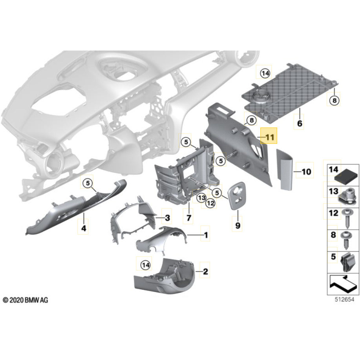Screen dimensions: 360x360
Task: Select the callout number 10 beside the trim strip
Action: [x=306, y=172]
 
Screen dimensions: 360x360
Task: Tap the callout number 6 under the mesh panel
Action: [x=300, y=124]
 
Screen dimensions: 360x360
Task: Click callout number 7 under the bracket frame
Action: [x=188, y=217]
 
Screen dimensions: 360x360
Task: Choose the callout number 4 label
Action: [x=83, y=227]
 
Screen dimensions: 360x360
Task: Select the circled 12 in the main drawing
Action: [x=210, y=203]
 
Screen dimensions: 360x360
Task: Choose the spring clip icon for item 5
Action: [x=345, y=262]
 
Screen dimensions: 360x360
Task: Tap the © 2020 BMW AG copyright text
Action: [x=26, y=300]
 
